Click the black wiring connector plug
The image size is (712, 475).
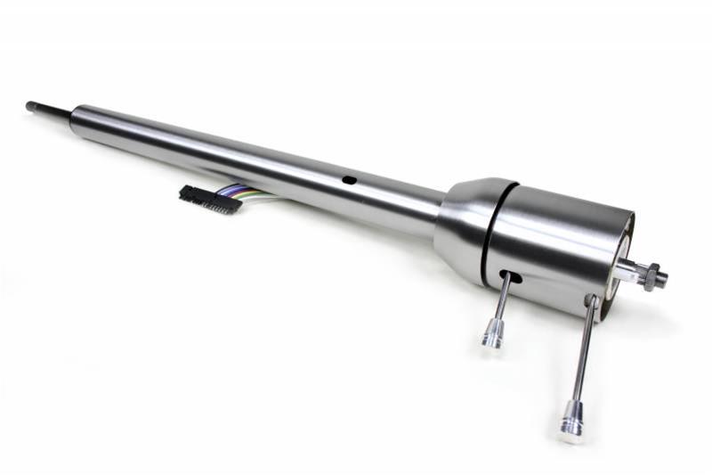(210, 199)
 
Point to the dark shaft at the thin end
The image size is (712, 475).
(48, 109)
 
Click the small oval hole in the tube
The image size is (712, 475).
(349, 180)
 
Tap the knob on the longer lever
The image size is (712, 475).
(571, 418)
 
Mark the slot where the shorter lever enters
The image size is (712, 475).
(509, 275)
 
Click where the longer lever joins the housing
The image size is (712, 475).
(591, 301)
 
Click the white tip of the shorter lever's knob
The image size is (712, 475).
(489, 345)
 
